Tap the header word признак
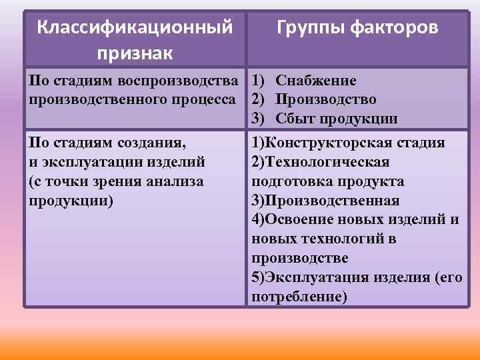click(x=135, y=51)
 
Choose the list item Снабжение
click(x=316, y=81)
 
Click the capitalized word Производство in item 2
click(x=326, y=99)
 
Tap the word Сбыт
click(x=294, y=119)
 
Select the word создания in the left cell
click(x=151, y=142)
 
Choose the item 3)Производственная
click(x=325, y=201)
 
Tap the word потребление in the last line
click(x=297, y=297)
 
